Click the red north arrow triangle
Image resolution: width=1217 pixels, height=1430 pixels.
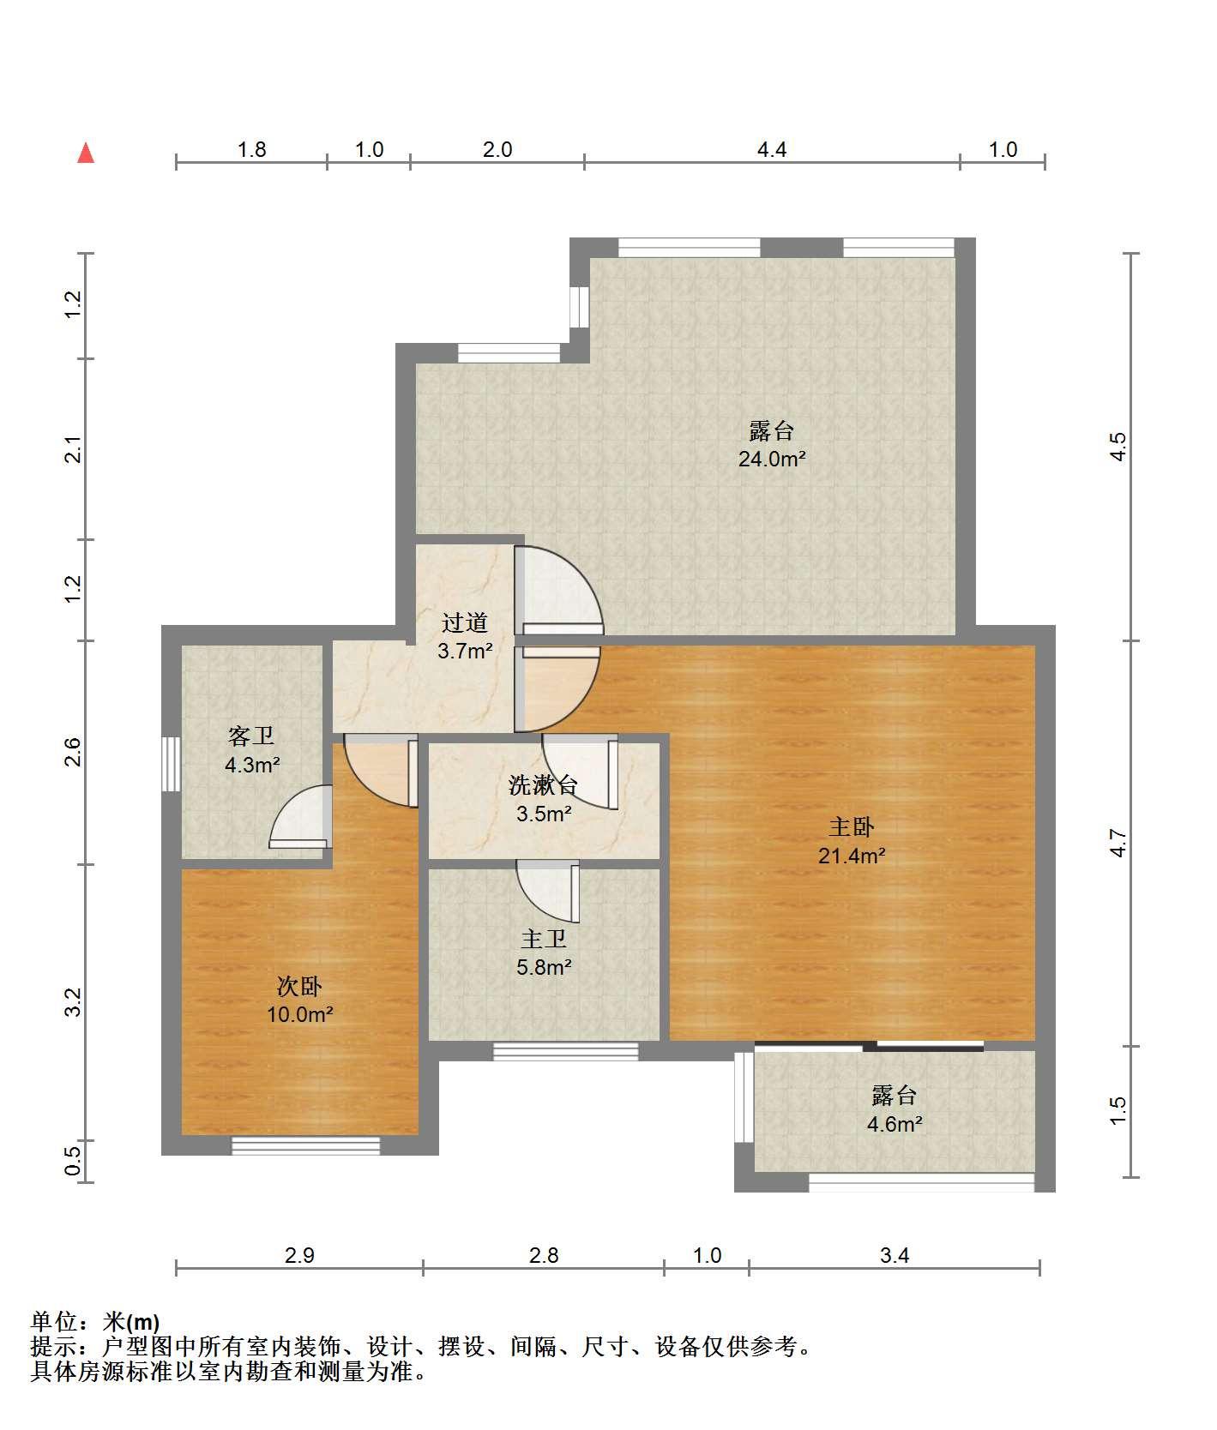(86, 153)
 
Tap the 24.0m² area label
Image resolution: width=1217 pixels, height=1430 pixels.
(772, 459)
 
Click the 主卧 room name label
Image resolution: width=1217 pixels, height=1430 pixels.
(852, 826)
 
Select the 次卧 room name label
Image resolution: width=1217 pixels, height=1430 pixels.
(299, 986)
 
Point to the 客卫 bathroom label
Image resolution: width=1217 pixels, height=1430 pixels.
(251, 736)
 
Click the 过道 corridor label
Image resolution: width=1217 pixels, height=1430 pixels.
(465, 622)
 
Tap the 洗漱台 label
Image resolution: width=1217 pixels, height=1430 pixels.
(544, 784)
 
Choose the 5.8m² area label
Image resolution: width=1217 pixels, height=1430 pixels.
(544, 968)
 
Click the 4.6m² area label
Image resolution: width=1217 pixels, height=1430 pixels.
(895, 1124)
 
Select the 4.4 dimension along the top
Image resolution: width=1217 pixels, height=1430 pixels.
(772, 150)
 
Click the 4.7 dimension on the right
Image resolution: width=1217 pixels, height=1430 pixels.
(1118, 843)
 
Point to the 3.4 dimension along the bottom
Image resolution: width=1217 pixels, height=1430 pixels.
(895, 1256)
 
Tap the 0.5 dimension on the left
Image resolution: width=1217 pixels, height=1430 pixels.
(73, 1162)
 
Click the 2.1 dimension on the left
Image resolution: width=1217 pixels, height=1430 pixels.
(73, 449)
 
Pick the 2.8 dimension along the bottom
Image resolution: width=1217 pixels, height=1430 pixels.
(544, 1256)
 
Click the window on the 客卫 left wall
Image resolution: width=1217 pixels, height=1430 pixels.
(172, 764)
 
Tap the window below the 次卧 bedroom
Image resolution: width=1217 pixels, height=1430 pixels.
(306, 1145)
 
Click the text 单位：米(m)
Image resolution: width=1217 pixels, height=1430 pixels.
(95, 1322)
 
